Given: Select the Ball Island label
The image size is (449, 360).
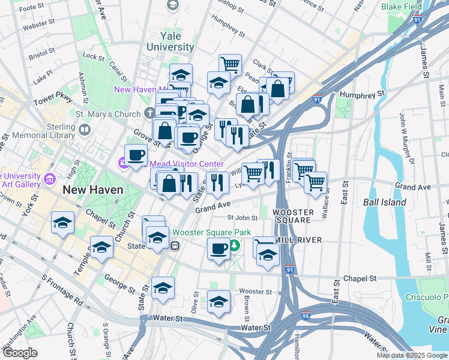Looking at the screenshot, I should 384,202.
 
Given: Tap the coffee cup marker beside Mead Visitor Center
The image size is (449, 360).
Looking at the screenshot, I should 136,155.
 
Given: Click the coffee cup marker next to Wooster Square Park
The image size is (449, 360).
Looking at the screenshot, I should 218,248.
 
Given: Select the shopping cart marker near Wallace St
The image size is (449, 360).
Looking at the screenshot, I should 315,181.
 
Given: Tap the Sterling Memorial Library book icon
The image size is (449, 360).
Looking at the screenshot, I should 85,130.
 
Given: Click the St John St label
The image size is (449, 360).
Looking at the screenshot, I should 242,218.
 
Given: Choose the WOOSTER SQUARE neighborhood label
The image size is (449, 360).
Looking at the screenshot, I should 292,216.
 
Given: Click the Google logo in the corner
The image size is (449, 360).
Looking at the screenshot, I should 20,352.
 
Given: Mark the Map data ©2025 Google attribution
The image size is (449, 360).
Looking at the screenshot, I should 411,355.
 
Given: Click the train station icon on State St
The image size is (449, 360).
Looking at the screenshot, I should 175,245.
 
